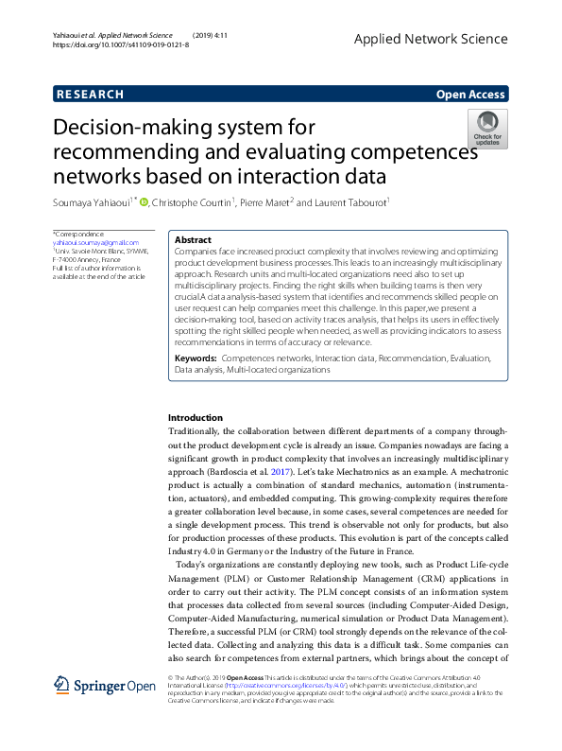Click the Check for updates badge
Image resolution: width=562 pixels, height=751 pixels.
tap(487, 128)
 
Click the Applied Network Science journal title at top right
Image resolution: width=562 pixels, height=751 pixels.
tap(430, 39)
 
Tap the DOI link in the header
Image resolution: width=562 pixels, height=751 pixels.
tap(120, 44)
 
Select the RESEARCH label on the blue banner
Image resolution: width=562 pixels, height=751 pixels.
tap(91, 95)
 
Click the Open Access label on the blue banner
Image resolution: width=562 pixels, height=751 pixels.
tap(470, 95)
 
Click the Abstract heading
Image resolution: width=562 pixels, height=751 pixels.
tap(194, 240)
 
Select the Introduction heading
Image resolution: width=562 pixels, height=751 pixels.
tap(196, 417)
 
